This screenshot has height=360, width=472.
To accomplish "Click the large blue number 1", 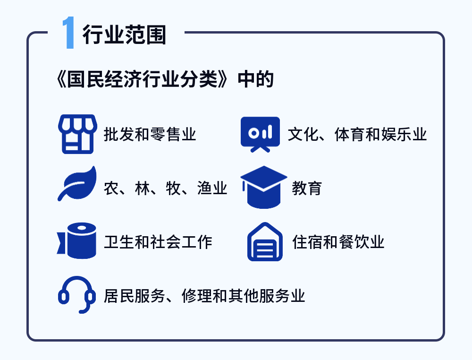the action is point(68,33).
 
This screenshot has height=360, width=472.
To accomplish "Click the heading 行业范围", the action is point(124,34).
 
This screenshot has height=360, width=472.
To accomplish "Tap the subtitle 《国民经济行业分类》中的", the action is point(165,79).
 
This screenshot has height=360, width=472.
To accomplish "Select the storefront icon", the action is point(78,134).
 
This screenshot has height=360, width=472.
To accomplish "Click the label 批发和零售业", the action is point(150,134).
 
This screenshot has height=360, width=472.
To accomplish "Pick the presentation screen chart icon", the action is point(261,134).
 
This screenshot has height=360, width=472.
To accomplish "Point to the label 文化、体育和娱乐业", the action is point(357,134).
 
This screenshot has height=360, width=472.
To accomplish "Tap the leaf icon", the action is point(77,183).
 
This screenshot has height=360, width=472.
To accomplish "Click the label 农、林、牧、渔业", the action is point(165,189).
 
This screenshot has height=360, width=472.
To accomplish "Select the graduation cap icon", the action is point(264,187).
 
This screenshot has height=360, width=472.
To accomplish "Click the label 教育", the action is point(307,189).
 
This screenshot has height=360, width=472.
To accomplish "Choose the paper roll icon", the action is point(77,240).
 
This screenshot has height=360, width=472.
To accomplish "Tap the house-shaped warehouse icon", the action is point(265,241).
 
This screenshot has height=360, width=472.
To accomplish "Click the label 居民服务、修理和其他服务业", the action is point(204,296).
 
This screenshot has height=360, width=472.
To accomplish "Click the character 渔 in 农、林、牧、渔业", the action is point(204,189).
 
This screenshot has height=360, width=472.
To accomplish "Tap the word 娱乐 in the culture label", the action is point(396,134).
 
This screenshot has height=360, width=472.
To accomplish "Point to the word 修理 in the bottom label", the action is point(196,296).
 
